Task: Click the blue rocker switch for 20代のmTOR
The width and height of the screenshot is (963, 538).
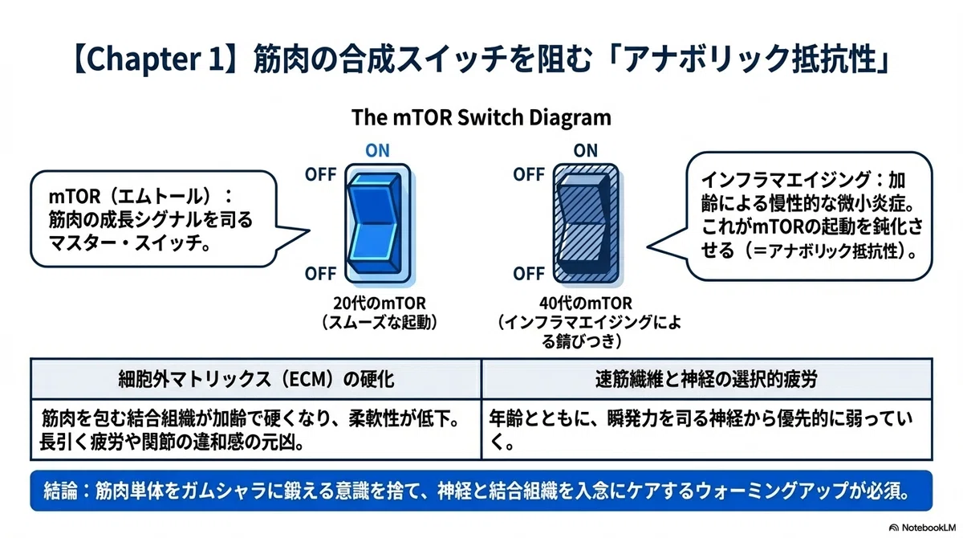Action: (378, 223)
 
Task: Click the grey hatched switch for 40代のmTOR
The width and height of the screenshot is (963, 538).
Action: (586, 223)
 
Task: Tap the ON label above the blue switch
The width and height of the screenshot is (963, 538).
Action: (377, 150)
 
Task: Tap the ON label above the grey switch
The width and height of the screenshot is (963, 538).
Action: (586, 150)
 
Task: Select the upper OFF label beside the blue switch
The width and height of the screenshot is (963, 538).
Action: (321, 174)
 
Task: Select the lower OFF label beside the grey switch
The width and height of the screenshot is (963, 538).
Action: (529, 274)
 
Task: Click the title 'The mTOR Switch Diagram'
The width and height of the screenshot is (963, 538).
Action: (481, 117)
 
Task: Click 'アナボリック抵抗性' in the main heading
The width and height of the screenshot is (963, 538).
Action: (750, 59)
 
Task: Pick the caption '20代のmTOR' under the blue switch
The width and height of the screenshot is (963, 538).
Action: (380, 304)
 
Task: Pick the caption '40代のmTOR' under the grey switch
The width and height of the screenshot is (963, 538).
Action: (586, 304)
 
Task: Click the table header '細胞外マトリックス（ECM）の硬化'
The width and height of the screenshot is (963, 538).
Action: (256, 379)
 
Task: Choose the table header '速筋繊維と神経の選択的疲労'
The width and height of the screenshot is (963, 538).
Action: (706, 379)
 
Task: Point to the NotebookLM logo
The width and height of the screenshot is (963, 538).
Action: (922, 528)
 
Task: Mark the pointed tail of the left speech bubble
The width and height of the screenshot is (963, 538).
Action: (309, 231)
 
